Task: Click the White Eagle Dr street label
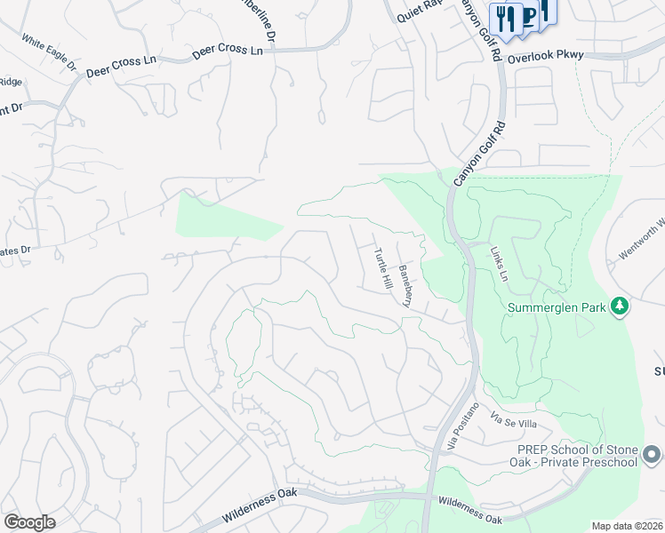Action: coord(50,53)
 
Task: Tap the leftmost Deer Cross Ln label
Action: coord(121,65)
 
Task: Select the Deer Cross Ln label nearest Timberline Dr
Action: coord(228,52)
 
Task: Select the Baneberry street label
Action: coord(405,285)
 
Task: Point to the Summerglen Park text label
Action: coord(557,308)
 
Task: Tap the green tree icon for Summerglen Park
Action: coord(620,307)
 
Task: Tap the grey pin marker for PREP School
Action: coord(652,456)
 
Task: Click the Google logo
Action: coord(29,522)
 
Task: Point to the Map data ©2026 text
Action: coord(626,526)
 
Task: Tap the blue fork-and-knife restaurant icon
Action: coord(508,18)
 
